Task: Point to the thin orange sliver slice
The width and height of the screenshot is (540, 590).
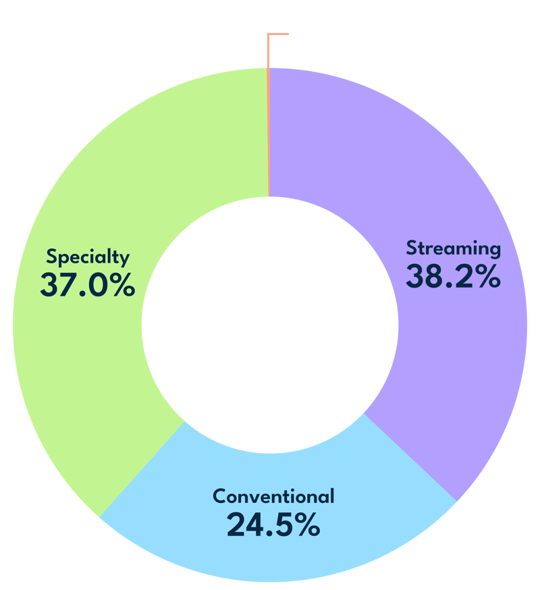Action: [x=268, y=132]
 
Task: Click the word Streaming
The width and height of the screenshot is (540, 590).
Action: [x=454, y=248]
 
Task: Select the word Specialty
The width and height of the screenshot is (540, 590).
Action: [x=88, y=257]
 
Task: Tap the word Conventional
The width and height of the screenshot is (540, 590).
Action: [x=273, y=496]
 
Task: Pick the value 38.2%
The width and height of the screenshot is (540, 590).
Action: [x=454, y=276]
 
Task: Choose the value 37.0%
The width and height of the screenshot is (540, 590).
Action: [x=88, y=284]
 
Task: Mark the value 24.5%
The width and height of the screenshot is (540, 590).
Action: [x=273, y=525]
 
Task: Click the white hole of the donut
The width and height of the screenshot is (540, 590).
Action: [x=270, y=325]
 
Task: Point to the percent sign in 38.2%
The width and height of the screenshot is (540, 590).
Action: [x=487, y=276]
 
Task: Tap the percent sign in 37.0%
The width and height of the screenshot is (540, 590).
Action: [x=121, y=284]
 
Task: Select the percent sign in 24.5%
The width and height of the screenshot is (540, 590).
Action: [x=306, y=525]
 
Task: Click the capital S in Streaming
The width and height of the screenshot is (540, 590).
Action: [x=412, y=248]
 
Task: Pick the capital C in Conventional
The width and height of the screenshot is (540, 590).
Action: [x=221, y=496]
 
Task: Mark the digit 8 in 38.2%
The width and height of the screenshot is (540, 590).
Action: [x=433, y=276]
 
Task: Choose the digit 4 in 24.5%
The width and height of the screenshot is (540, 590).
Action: [x=253, y=525]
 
